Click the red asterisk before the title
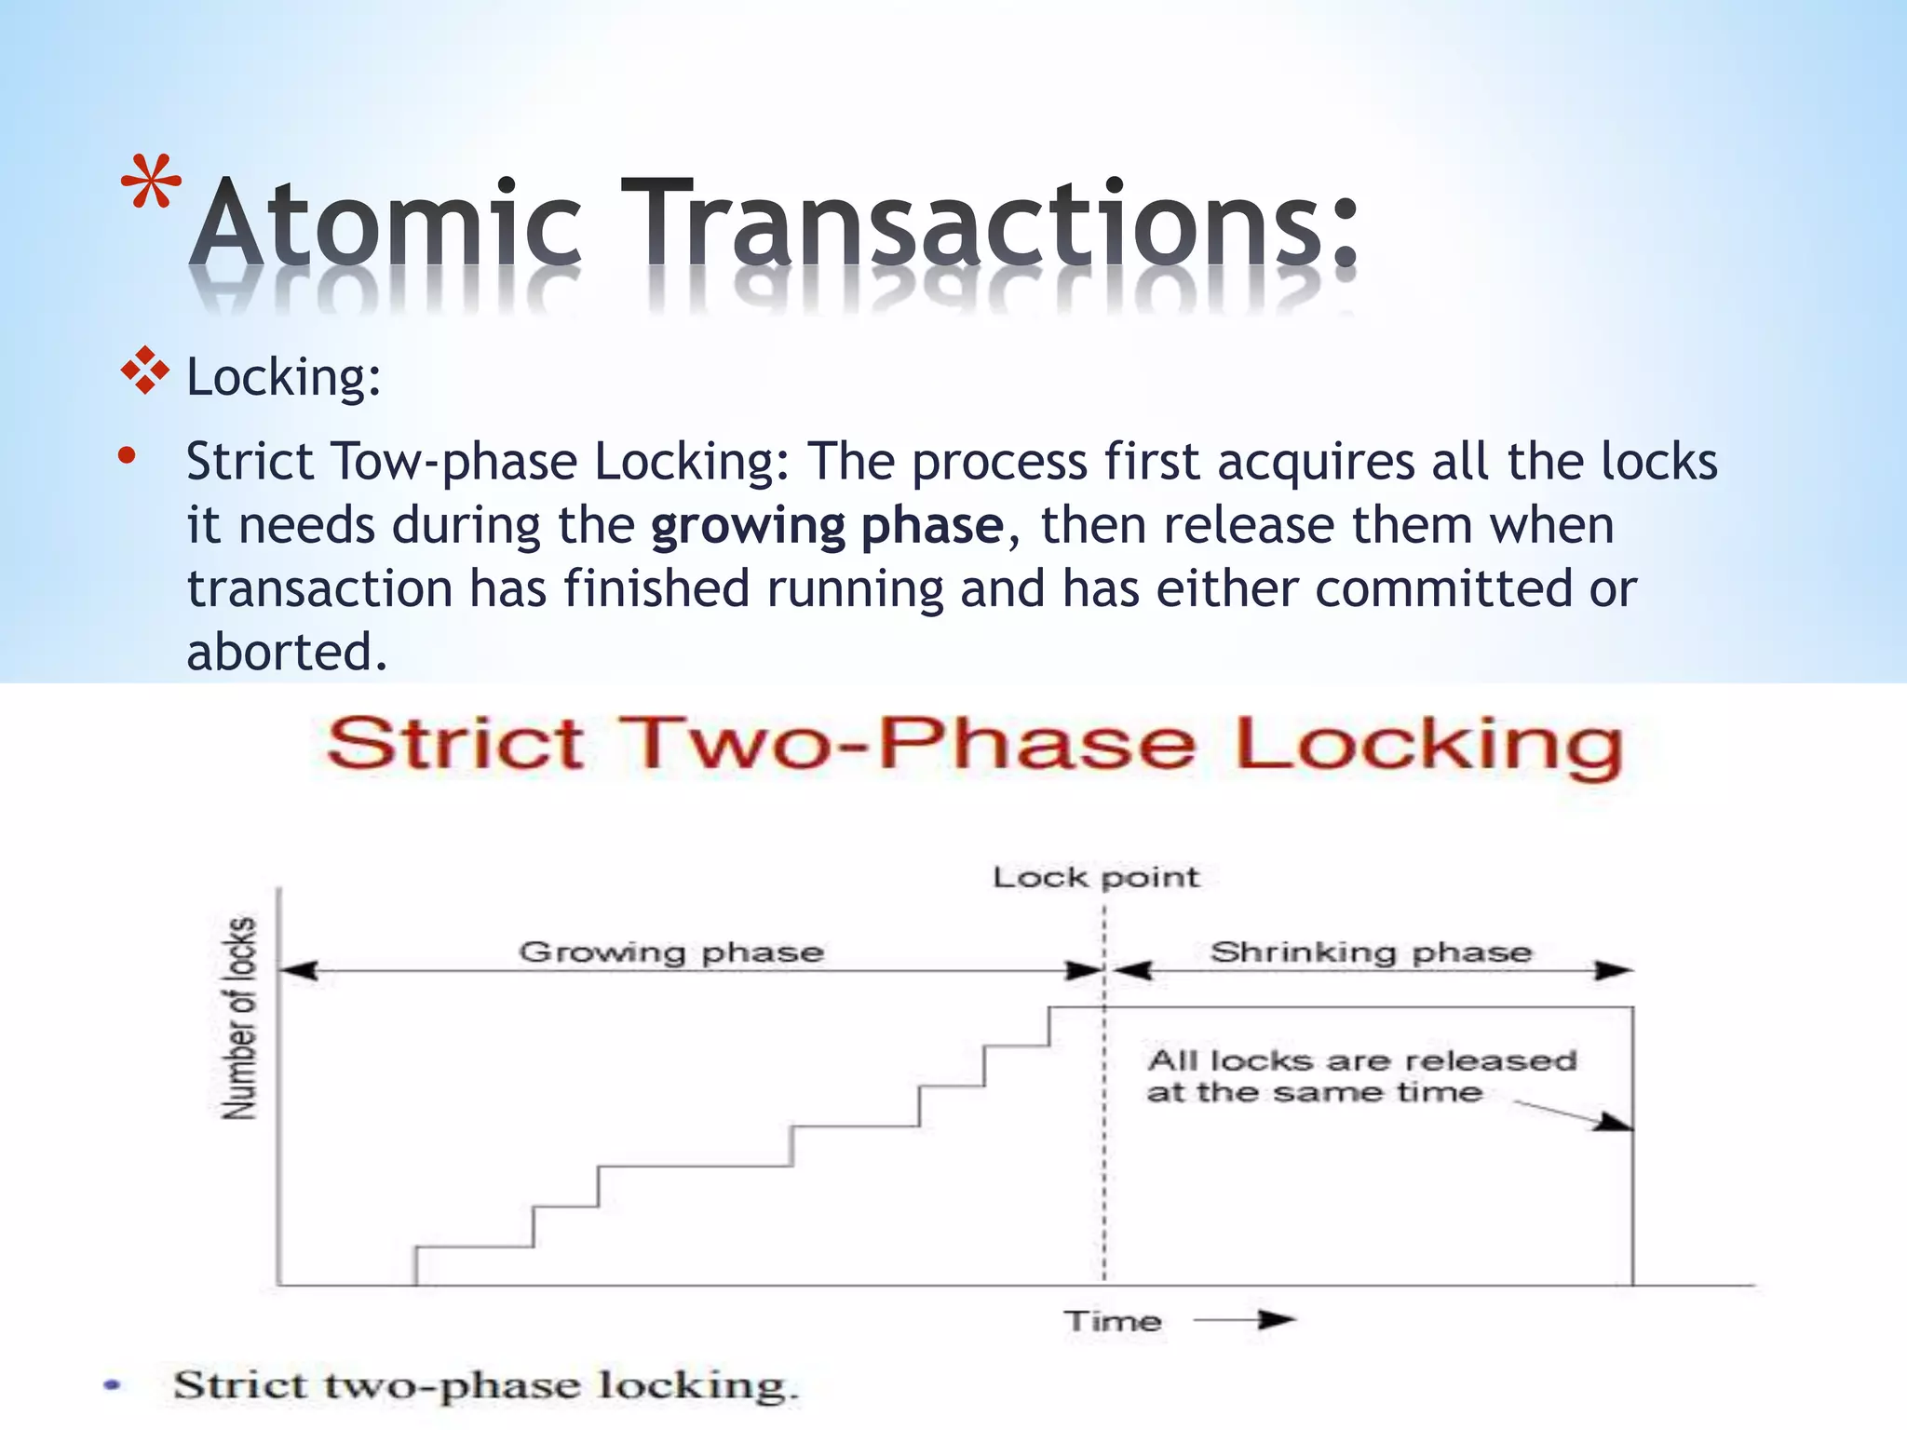(x=151, y=183)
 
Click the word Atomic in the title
(x=385, y=224)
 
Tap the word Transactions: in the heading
(x=989, y=224)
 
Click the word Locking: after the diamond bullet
(x=283, y=378)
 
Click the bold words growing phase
(x=827, y=525)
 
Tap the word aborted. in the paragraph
(x=286, y=652)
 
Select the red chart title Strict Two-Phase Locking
(x=975, y=745)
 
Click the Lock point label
(x=1095, y=877)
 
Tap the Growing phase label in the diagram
(x=670, y=951)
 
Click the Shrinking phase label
(x=1371, y=951)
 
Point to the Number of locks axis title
(x=239, y=1018)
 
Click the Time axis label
(x=1113, y=1321)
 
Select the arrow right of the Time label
(x=1245, y=1319)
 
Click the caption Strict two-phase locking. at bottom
(x=485, y=1385)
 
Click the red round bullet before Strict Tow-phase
(x=128, y=456)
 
